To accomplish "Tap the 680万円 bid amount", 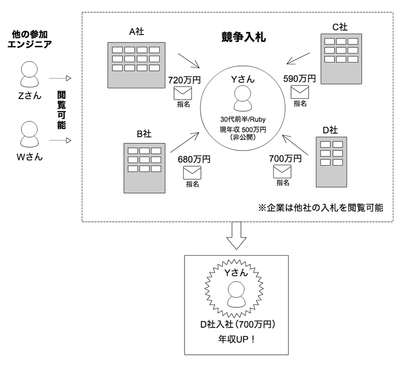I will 194,159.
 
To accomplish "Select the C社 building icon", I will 341,59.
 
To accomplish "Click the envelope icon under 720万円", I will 183,93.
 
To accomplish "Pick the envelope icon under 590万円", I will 299,92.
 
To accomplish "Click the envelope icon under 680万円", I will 192,173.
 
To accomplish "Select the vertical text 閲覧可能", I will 61,111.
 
